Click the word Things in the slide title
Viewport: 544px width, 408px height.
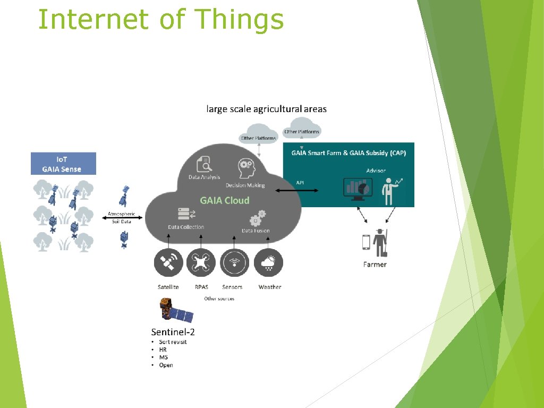[x=240, y=20]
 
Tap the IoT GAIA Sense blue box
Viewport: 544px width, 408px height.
[x=63, y=164]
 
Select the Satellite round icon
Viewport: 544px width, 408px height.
[x=168, y=262]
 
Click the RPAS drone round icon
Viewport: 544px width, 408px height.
[x=201, y=262]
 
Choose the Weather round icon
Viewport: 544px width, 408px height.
[x=269, y=262]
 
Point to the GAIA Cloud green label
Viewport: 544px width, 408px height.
[x=224, y=201]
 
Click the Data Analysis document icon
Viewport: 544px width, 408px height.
[x=203, y=163]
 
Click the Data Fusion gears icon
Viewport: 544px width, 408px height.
[x=257, y=217]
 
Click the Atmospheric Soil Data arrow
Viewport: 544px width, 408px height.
[x=122, y=217]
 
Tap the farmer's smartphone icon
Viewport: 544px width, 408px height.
[x=366, y=242]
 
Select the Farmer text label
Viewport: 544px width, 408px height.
[x=375, y=265]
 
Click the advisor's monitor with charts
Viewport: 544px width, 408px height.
[x=358, y=188]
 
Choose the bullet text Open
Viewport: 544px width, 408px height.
[x=166, y=365]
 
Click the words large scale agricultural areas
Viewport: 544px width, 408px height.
[x=266, y=109]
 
